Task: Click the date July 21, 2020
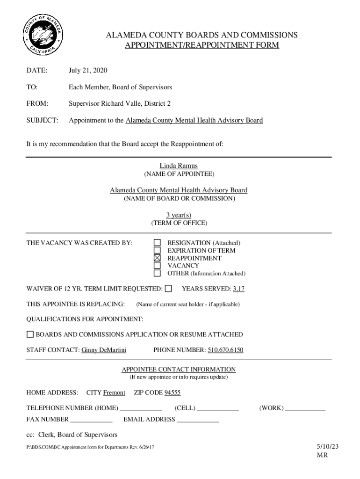tap(88, 71)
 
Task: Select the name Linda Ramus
tap(179, 166)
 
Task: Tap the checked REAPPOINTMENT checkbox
tap(158, 258)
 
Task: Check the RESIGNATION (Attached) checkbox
tap(158, 243)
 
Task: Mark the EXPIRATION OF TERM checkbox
tap(158, 250)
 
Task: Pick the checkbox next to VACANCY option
tap(158, 266)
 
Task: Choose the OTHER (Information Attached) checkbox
tap(158, 273)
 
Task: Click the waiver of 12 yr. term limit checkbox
tap(168, 289)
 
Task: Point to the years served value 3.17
tap(238, 289)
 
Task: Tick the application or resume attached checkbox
tap(30, 334)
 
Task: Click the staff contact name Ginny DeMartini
tap(104, 350)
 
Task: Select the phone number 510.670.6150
tap(225, 350)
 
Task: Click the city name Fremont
tap(114, 392)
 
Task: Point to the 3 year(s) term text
tap(179, 215)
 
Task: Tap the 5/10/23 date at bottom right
tap(327, 446)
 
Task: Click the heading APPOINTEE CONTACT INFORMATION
tap(179, 370)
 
